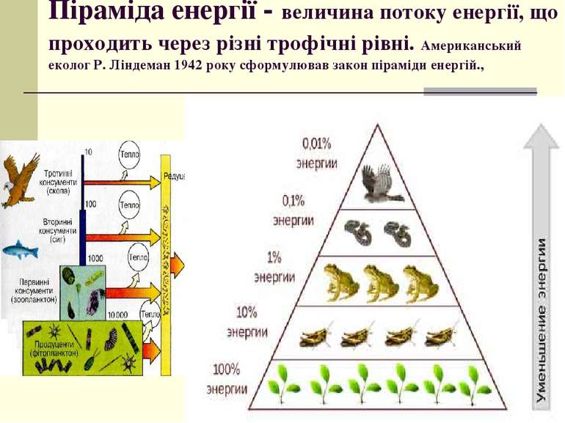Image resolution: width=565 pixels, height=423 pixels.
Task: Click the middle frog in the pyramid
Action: coord(381,282)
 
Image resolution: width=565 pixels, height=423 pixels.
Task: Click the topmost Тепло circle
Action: coord(129,157)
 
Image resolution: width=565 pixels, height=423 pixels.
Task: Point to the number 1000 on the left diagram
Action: coord(95,258)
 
